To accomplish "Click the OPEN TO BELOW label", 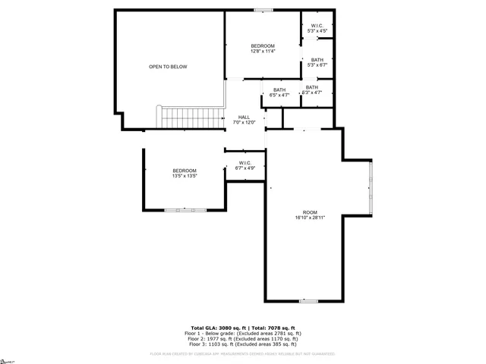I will pyautogui.click(x=168, y=67).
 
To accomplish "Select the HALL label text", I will pyautogui.click(x=244, y=117).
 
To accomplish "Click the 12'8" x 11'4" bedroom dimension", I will pyautogui.click(x=263, y=52).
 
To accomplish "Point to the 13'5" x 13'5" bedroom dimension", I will pyautogui.click(x=185, y=176).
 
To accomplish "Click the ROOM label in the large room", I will pyautogui.click(x=310, y=212).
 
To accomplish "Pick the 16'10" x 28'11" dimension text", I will pyautogui.click(x=310, y=218).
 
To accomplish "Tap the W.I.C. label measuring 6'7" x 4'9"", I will pyautogui.click(x=245, y=162).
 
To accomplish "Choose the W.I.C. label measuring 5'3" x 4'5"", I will pyautogui.click(x=317, y=27).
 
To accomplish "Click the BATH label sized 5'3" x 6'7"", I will pyautogui.click(x=317, y=60).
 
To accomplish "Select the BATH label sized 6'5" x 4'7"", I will pyautogui.click(x=280, y=90).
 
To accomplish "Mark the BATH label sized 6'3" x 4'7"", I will pyautogui.click(x=312, y=87).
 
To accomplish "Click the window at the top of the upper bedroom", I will pyautogui.click(x=263, y=10).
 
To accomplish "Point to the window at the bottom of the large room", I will pyautogui.click(x=308, y=301).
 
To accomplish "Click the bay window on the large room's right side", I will pyautogui.click(x=371, y=187).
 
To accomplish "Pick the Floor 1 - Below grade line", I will pyautogui.click(x=243, y=332).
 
